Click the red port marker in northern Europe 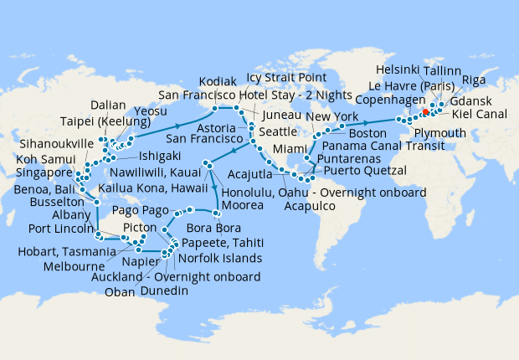click(425, 111)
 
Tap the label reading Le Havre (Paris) click(409, 86)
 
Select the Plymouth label click(439, 134)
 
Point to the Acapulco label click(311, 205)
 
